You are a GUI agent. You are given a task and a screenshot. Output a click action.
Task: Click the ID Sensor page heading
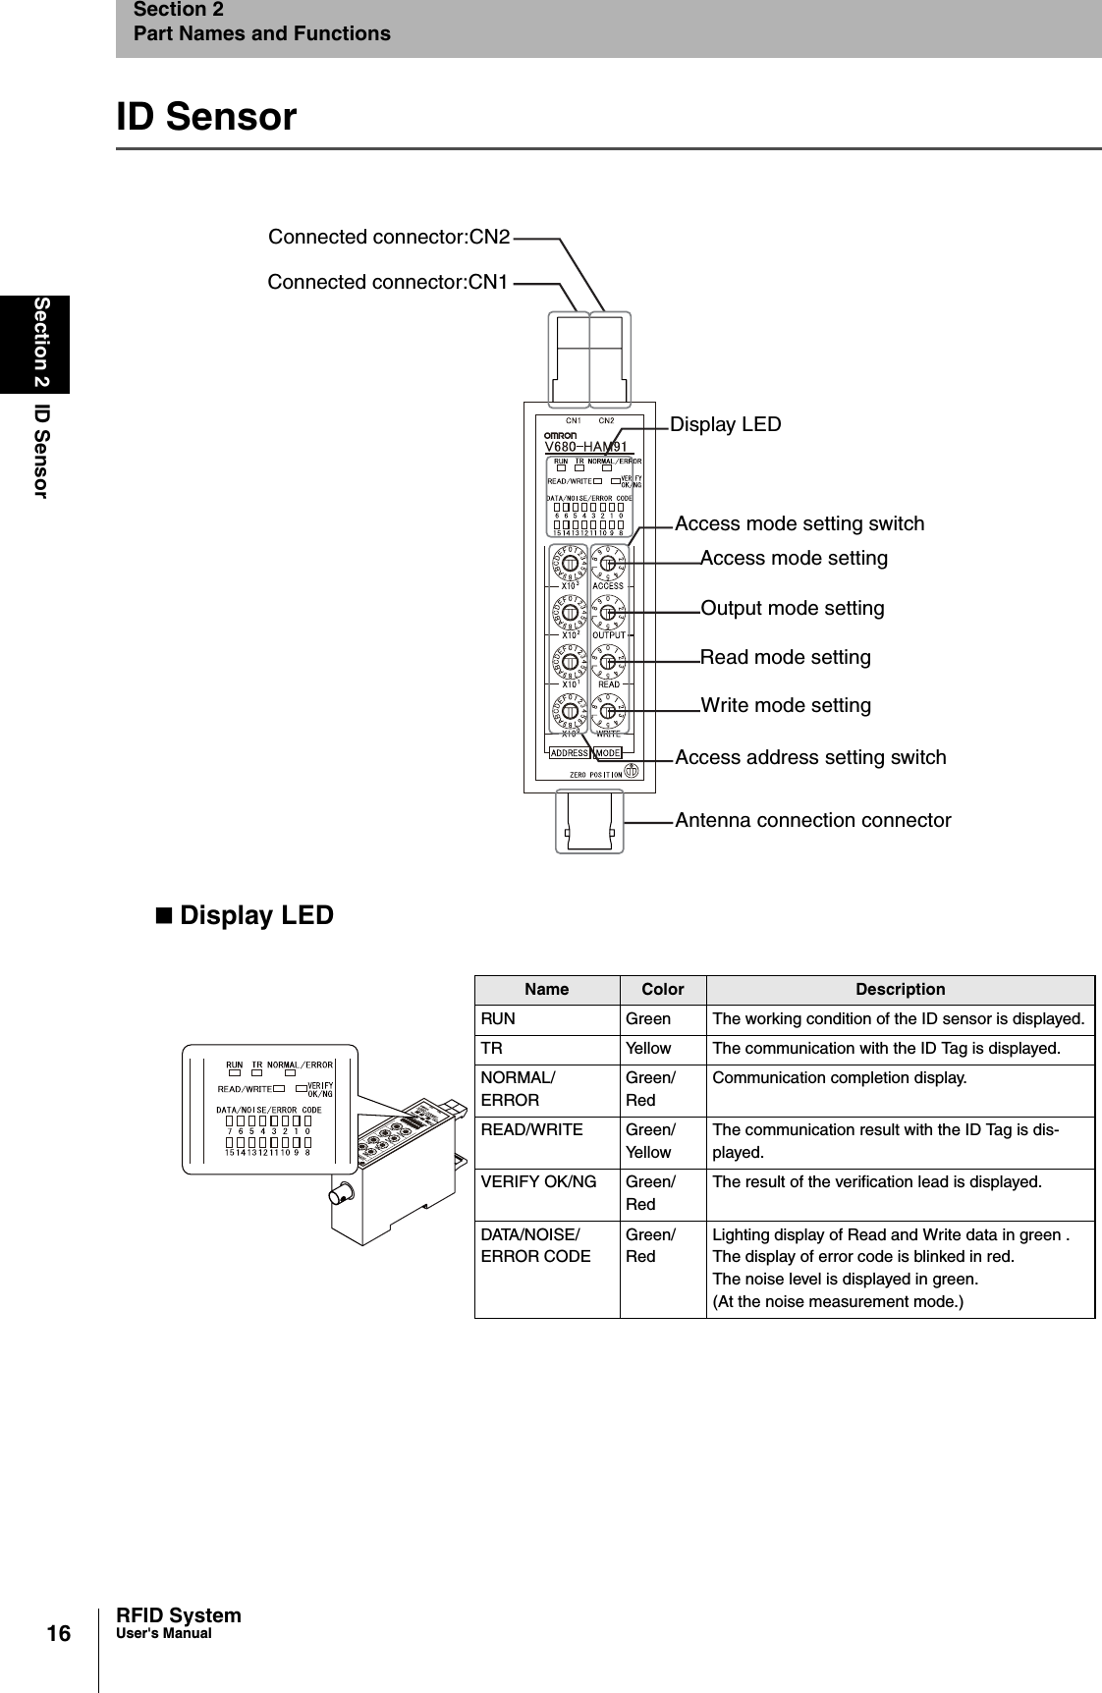[206, 117]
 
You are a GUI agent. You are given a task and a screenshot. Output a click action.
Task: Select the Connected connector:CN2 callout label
[389, 237]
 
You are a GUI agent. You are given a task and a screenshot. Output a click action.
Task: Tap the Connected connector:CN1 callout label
[388, 282]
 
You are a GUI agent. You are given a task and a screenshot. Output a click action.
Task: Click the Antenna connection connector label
[812, 820]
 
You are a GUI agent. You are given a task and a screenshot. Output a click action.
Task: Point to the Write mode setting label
[785, 705]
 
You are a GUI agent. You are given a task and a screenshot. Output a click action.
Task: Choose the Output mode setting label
[792, 608]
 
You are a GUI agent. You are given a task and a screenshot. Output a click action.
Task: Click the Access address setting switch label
[810, 757]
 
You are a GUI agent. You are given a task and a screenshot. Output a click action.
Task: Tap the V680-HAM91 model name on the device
[585, 447]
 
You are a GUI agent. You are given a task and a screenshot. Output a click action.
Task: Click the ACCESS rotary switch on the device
[608, 564]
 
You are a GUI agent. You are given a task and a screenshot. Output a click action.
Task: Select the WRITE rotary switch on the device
[608, 710]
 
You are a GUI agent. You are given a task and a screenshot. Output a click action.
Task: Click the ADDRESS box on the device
[569, 753]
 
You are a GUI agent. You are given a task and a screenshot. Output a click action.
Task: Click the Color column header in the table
[662, 989]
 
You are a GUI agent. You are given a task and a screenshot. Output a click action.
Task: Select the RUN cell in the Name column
[498, 1018]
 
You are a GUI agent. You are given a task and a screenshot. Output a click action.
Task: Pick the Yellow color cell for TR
[648, 1048]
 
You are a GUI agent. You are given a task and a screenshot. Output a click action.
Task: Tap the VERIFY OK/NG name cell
[538, 1181]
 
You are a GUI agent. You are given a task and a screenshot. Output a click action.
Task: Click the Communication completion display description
[839, 1077]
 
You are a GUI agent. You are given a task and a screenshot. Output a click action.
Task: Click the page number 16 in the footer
[59, 1633]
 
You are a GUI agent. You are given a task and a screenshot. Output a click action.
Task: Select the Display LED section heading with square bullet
[245, 915]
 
